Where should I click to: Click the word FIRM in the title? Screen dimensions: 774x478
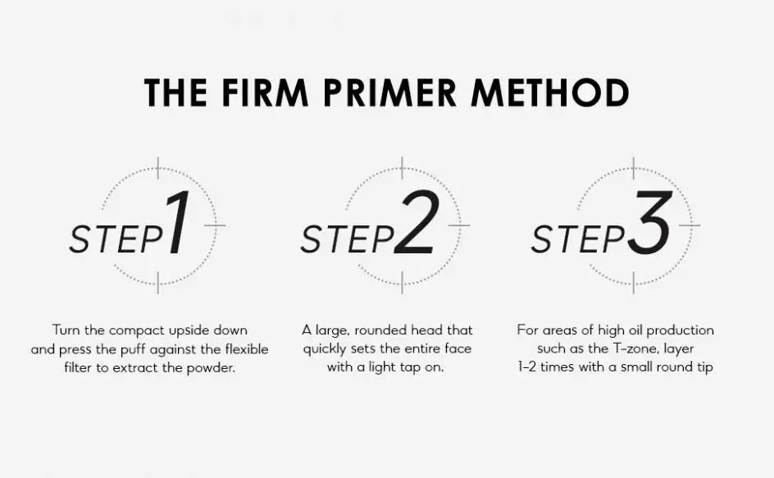point(265,93)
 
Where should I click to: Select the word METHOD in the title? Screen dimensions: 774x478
point(550,93)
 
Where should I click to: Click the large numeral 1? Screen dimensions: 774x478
point(178,223)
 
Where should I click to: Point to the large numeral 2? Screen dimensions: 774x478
point(417,223)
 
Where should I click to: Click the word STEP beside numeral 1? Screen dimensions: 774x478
point(116,239)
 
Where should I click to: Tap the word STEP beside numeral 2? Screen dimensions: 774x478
point(347,239)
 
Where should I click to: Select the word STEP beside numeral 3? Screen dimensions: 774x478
point(578,239)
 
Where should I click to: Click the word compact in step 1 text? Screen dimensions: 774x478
point(137,330)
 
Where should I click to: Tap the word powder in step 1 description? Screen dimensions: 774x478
point(211,368)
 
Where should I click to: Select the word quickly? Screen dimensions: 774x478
point(325,349)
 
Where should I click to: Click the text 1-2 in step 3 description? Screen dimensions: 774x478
point(527,366)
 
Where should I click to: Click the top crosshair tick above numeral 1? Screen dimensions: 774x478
point(158,168)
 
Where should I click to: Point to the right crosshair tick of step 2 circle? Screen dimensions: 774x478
point(459,225)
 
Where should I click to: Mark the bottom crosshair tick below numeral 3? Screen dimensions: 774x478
point(633,282)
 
